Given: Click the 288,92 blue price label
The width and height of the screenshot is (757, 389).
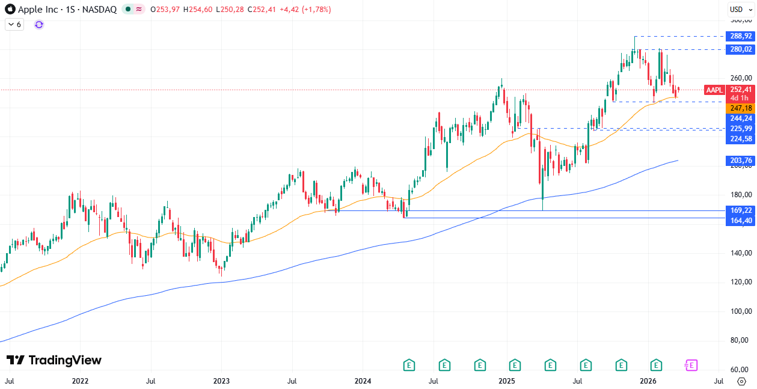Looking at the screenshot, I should click(x=741, y=36).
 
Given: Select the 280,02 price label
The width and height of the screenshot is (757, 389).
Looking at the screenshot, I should click(x=741, y=49).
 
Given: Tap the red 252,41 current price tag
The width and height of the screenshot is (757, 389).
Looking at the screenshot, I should click(x=741, y=90).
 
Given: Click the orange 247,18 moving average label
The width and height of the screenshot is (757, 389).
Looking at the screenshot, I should click(x=741, y=108).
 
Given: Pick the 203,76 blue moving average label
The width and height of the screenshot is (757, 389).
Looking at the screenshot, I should click(x=741, y=161).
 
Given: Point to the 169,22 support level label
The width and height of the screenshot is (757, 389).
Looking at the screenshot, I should click(x=741, y=210).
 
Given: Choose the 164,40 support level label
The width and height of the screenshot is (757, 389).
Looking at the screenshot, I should click(x=741, y=221).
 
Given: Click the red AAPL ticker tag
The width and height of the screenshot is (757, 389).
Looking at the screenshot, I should click(x=714, y=90).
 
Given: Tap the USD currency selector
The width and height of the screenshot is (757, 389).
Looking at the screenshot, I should click(x=737, y=9).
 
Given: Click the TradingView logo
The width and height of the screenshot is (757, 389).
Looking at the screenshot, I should click(x=54, y=360).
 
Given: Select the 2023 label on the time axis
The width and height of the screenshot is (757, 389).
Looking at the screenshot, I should click(x=221, y=381).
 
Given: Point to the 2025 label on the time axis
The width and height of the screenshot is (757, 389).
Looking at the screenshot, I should click(x=506, y=381).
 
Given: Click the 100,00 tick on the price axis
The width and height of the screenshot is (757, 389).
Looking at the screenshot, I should click(x=741, y=311).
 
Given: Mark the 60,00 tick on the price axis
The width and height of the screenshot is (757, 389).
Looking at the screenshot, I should click(x=741, y=370).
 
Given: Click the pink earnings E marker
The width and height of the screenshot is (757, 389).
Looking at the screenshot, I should click(x=691, y=365).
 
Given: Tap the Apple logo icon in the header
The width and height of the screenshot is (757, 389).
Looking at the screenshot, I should click(x=10, y=10).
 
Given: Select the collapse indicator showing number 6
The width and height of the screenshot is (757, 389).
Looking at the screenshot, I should click(x=14, y=25).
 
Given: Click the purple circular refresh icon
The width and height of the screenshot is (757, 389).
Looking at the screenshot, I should click(x=39, y=25).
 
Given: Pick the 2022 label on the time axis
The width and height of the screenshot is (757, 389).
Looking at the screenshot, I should click(x=80, y=381).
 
